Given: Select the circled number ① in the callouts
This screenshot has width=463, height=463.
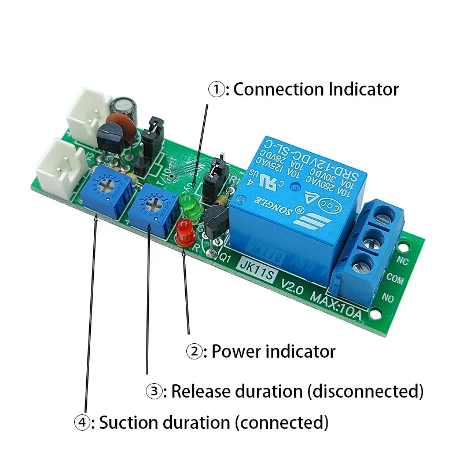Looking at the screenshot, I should point(215,90).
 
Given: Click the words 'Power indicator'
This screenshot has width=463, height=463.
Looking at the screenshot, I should point(273,351).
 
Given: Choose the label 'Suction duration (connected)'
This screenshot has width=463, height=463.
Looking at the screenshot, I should point(214,422).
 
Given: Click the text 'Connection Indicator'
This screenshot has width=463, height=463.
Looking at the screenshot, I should point(316,90).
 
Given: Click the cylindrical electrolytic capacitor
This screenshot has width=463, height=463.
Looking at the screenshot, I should point(124,107).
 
